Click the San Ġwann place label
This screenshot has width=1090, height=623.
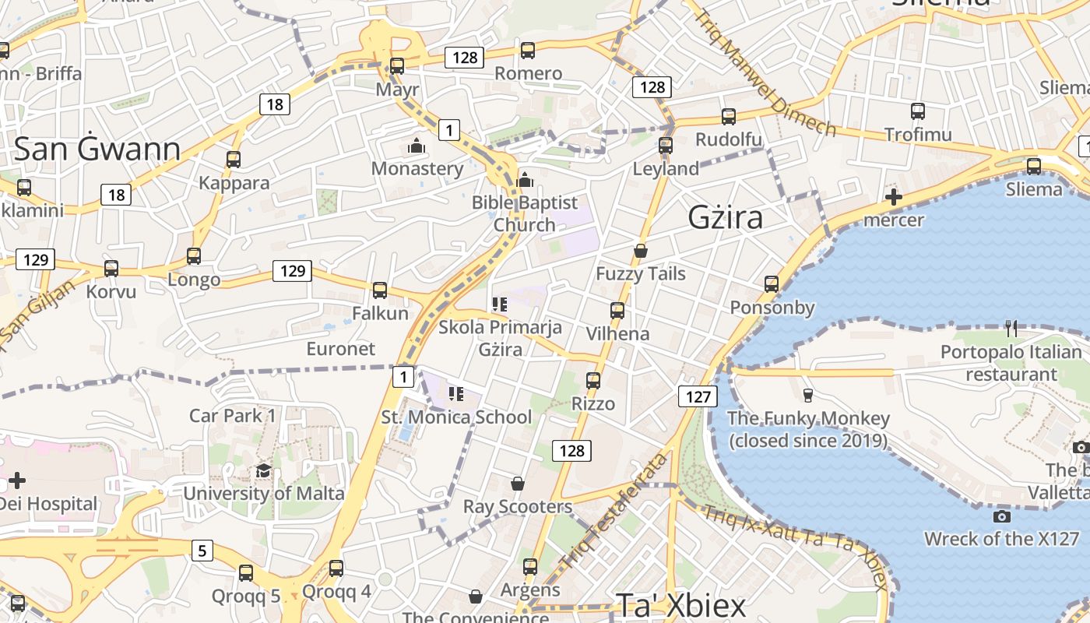click(x=97, y=149)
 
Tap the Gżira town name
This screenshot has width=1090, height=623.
click(x=726, y=217)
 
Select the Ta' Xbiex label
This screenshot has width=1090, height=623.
click(x=681, y=605)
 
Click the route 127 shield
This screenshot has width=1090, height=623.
click(x=698, y=396)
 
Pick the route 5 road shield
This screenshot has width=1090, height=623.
click(x=202, y=551)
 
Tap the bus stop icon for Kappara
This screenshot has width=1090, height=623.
click(x=234, y=160)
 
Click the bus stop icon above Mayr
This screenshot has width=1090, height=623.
click(x=397, y=66)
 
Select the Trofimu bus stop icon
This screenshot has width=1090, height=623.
click(x=918, y=111)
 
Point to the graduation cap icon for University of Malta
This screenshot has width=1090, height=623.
click(x=263, y=471)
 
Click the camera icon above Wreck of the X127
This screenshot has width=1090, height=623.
click(x=1002, y=516)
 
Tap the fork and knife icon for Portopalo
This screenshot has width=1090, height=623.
click(x=1011, y=329)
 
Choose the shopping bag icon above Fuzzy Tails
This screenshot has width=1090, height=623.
click(x=641, y=251)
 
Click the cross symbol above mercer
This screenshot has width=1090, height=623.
click(x=894, y=197)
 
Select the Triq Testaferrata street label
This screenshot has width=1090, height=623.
click(x=614, y=520)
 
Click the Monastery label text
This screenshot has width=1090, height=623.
click(x=417, y=168)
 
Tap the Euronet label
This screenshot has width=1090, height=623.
click(x=341, y=348)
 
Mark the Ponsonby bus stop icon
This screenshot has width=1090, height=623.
click(x=772, y=284)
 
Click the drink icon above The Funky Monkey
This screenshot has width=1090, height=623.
click(x=807, y=396)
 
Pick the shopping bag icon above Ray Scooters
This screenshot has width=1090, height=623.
click(x=518, y=484)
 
